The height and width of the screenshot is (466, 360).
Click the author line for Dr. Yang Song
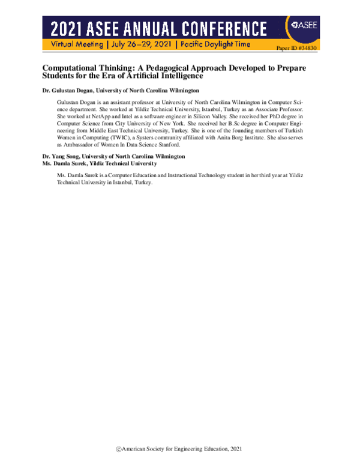click(113, 156)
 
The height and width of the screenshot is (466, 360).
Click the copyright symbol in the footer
click(118, 449)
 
